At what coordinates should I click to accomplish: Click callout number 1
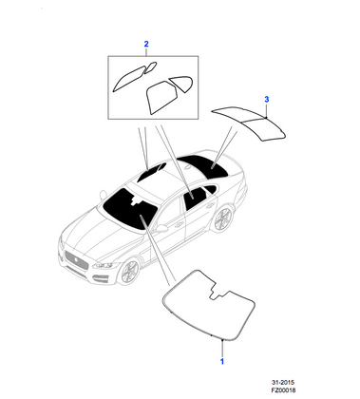222,362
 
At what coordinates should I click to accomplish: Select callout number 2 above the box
146,44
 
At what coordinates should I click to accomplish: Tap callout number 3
267,98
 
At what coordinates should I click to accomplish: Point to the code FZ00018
305,389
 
